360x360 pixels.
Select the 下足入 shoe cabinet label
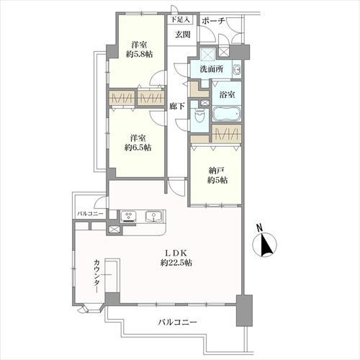180,20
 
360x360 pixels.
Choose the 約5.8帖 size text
138,53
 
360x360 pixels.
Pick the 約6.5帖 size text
138,148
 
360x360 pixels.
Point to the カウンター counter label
95,275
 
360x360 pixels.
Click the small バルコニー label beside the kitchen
91,214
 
